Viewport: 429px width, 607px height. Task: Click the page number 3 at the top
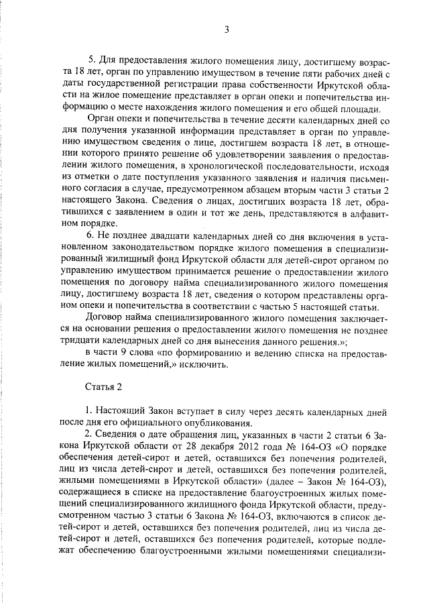227,29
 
